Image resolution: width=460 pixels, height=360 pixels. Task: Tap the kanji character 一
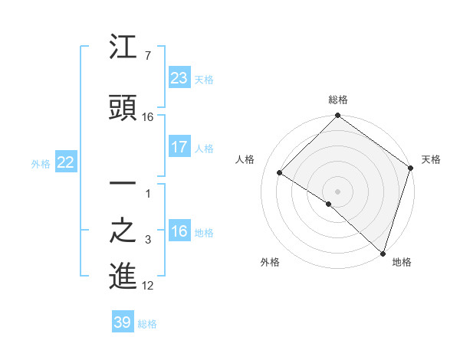point(123,185)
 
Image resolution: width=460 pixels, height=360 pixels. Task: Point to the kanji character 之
point(123,232)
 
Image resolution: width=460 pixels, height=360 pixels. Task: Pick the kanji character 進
point(123,276)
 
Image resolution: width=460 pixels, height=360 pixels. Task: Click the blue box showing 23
point(179,77)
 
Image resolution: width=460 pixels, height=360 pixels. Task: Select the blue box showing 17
point(179,146)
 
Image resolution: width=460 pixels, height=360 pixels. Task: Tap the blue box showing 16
point(179,231)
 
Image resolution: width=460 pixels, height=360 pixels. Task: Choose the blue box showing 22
point(65,162)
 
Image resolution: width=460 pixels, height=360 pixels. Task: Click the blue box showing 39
point(123,322)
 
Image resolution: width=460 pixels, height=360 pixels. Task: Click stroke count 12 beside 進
point(148,286)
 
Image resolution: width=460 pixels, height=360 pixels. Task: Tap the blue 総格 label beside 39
point(147,324)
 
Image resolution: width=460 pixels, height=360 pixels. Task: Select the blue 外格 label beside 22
point(41,163)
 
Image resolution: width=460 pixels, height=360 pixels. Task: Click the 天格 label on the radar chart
point(431,159)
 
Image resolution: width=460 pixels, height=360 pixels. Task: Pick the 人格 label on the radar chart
point(245,159)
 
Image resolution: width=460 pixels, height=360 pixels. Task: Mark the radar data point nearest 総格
point(337,116)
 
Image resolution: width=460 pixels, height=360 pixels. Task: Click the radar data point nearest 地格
point(382,253)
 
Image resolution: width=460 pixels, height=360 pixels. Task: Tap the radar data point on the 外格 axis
point(328,204)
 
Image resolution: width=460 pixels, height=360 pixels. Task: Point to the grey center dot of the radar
point(337,191)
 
